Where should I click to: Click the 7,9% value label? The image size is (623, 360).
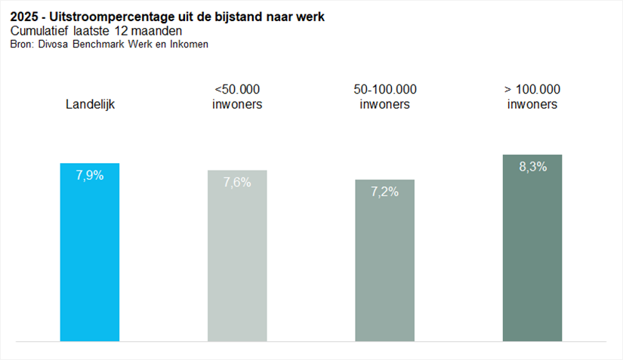pyautogui.click(x=89, y=176)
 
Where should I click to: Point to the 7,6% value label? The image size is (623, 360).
pyautogui.click(x=237, y=183)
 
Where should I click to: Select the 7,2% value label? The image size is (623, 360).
pyautogui.click(x=384, y=192)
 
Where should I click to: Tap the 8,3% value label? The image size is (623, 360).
pyautogui.click(x=532, y=167)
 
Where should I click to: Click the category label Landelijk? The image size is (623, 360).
pyautogui.click(x=90, y=105)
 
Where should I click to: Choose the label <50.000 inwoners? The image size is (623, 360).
pyautogui.click(x=237, y=97)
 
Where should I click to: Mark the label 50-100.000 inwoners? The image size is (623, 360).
pyautogui.click(x=385, y=97)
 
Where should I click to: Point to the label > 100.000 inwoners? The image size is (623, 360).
pyautogui.click(x=532, y=97)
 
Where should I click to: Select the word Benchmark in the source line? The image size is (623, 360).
pyautogui.click(x=100, y=45)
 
